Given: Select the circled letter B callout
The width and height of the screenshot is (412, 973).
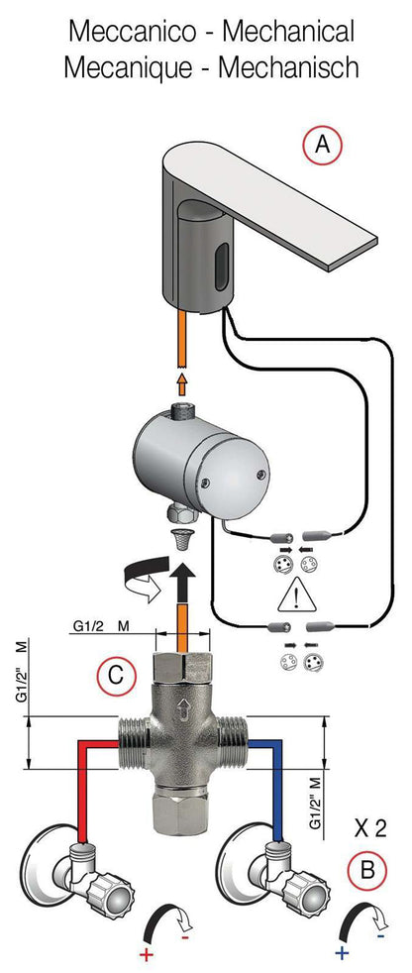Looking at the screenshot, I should (366, 870).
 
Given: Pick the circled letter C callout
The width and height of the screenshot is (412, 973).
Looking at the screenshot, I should (115, 676).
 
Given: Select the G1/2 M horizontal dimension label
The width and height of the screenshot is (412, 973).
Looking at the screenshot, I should (105, 626).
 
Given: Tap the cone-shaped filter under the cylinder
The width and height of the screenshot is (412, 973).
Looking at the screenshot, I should (180, 540).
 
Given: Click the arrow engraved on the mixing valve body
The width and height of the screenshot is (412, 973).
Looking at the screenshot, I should (182, 707).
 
